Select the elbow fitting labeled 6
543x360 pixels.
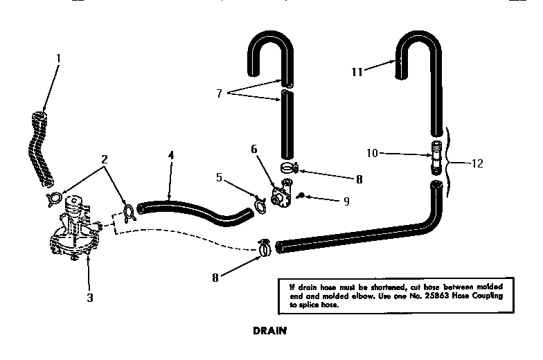point(282,194)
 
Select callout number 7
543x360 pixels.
point(219,93)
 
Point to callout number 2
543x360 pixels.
point(105,159)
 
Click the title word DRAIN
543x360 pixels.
point(269,331)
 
